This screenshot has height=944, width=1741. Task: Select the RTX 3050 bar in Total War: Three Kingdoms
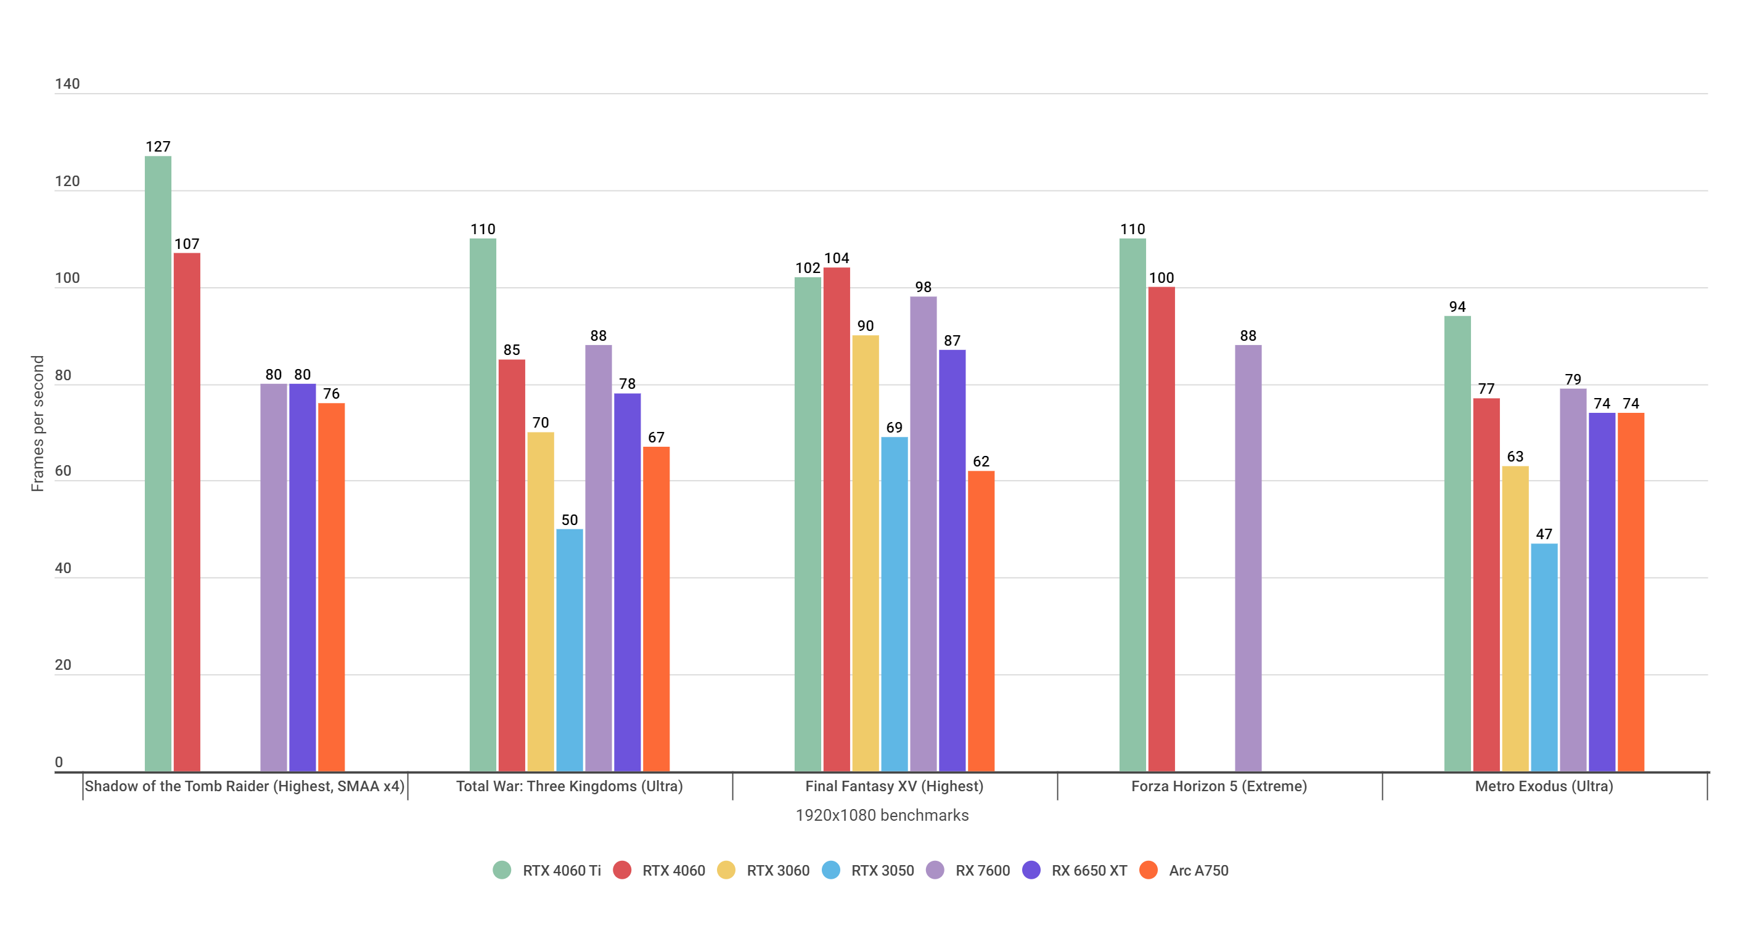click(x=569, y=649)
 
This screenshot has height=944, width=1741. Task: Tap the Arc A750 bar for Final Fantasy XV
click(x=981, y=622)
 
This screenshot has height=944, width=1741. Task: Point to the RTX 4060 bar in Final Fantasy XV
click(x=836, y=520)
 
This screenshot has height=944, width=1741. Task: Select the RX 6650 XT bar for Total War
click(x=627, y=581)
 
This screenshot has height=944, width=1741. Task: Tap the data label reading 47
click(x=1544, y=534)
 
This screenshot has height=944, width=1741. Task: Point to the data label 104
click(x=836, y=258)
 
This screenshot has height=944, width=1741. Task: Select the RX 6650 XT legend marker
click(x=1031, y=870)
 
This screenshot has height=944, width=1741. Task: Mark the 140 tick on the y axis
click(x=67, y=84)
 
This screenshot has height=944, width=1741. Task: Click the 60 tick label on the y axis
click(x=63, y=471)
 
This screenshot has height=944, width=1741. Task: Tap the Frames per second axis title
click(x=37, y=424)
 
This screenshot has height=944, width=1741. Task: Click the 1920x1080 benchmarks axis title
click(x=882, y=816)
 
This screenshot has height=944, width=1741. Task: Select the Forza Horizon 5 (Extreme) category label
click(x=1219, y=786)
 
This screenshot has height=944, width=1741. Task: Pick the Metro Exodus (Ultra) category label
click(x=1544, y=786)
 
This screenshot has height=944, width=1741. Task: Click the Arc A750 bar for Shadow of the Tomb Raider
click(x=331, y=588)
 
